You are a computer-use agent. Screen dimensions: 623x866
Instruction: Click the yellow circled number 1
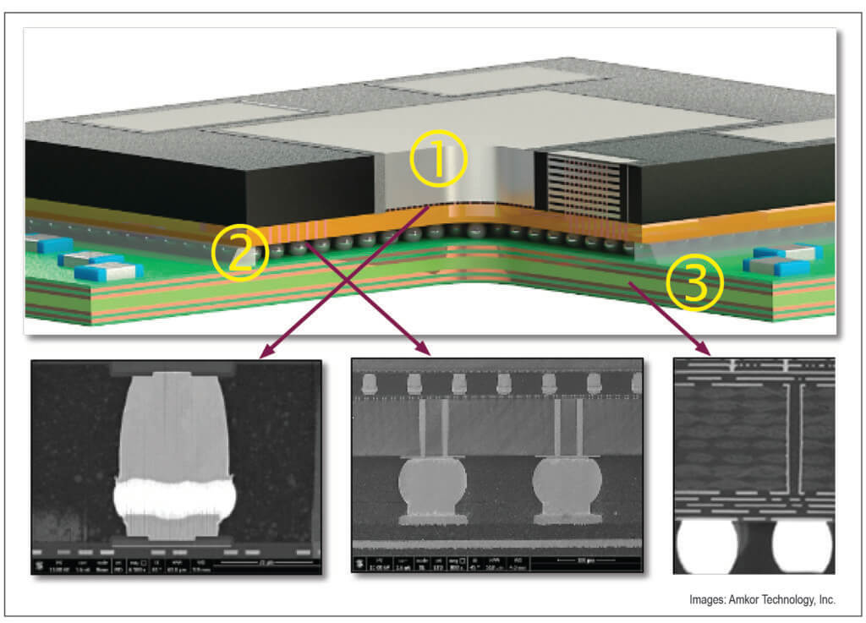point(437,161)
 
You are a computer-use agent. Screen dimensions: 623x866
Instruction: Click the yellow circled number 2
point(240,253)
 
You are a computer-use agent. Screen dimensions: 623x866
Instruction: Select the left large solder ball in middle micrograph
point(427,488)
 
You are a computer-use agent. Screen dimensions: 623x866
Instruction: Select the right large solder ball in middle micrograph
point(567,488)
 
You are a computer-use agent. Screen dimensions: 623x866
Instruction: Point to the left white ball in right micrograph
point(707,545)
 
